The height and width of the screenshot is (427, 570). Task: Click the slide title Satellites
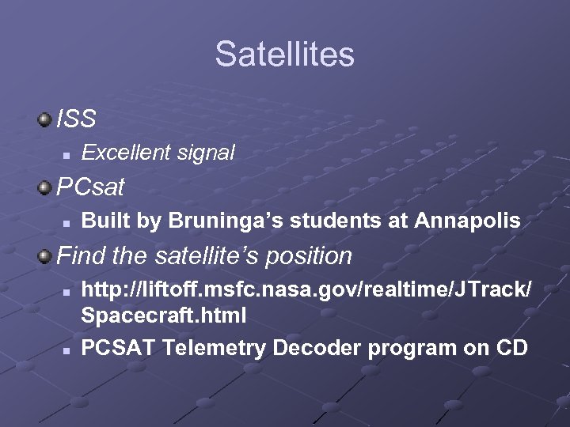[x=284, y=55]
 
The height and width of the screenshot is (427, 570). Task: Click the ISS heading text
[x=77, y=119]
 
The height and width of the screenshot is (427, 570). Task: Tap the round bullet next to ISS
[x=44, y=119]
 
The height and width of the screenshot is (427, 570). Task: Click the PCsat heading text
[x=91, y=188]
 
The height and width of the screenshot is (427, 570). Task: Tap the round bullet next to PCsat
[x=44, y=188]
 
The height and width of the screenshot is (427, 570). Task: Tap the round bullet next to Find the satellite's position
[x=44, y=255]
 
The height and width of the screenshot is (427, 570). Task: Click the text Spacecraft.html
[x=164, y=316]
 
